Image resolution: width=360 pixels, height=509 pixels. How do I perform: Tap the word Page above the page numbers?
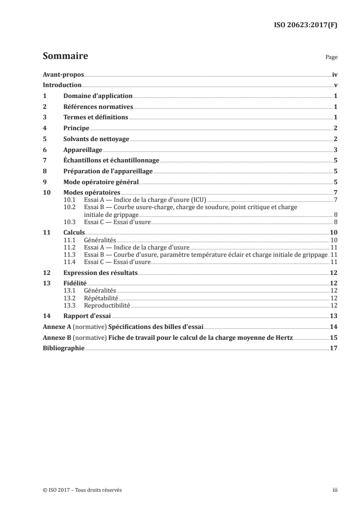click(331, 58)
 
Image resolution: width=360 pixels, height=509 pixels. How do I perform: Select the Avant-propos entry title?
click(63, 74)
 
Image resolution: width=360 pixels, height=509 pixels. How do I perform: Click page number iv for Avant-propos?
click(335, 74)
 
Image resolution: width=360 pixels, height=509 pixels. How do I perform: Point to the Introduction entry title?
click(62, 85)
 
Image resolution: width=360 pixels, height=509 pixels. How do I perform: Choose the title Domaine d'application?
click(98, 96)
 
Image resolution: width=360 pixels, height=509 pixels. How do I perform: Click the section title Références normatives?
click(98, 107)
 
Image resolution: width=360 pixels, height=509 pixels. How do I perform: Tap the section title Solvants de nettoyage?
click(96, 139)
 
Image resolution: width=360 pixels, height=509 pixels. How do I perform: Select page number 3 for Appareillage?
click(335, 150)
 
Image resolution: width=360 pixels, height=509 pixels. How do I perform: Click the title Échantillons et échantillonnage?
click(111, 161)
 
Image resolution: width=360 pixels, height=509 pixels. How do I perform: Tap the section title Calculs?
click(74, 232)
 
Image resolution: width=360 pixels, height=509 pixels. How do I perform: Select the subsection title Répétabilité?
click(101, 298)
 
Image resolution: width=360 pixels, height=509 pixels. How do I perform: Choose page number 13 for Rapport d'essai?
click(333, 316)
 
